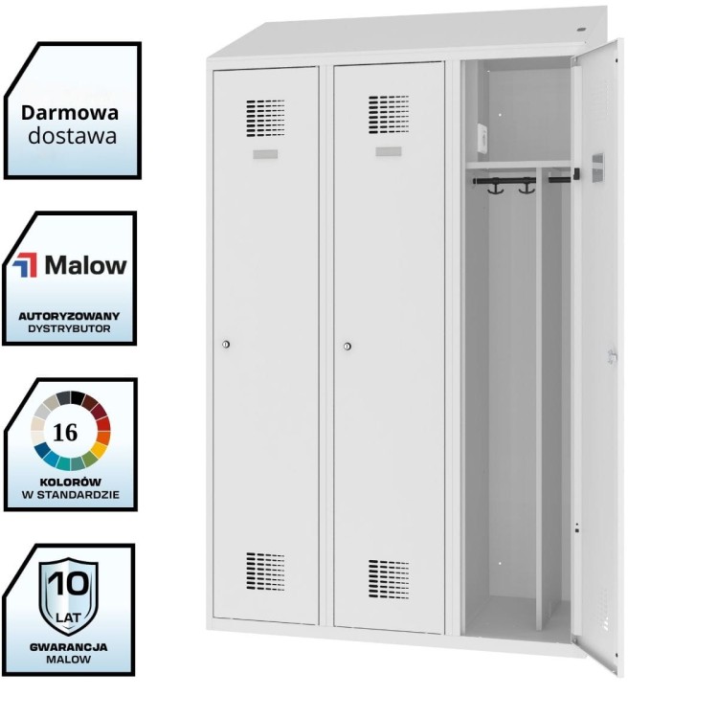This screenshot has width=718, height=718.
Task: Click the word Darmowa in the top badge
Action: [x=70, y=112]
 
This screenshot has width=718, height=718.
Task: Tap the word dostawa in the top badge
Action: [x=72, y=136]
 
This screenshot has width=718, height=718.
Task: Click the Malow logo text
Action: [x=84, y=265]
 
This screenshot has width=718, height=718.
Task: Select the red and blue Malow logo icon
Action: [x=26, y=265]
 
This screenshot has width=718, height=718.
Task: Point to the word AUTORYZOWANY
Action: [x=69, y=315]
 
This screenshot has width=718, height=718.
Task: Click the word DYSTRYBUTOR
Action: [x=69, y=328]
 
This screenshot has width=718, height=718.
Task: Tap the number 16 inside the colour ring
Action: [x=66, y=432]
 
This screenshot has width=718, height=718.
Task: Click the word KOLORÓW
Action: [x=70, y=482]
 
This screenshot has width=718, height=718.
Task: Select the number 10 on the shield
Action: [x=67, y=582]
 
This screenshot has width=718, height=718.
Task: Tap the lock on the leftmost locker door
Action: [x=226, y=345]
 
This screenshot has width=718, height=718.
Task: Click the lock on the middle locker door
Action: [x=348, y=346]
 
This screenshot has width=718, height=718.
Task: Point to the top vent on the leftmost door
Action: [x=265, y=116]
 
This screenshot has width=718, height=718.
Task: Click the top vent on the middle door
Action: [x=388, y=113]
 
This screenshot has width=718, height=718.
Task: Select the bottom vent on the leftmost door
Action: [x=265, y=571]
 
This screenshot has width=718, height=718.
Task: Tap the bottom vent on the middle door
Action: [x=388, y=579]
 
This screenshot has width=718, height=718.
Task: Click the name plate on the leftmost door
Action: [x=265, y=154]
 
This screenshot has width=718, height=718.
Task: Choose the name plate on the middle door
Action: [x=388, y=152]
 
